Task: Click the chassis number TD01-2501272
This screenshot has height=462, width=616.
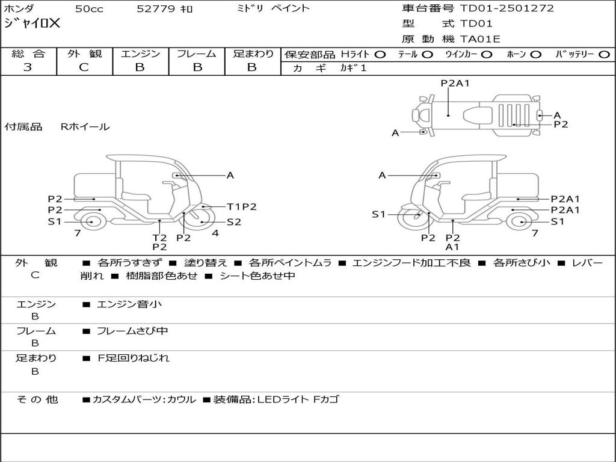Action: [507, 8]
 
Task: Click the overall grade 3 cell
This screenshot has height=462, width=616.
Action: [28, 67]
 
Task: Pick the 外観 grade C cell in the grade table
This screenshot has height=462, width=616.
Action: [84, 67]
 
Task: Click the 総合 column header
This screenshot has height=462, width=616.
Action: [28, 54]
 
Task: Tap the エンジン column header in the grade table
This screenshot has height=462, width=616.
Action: [140, 54]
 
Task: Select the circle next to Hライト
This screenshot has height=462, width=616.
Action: [380, 54]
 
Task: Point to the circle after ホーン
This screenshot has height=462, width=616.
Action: [535, 54]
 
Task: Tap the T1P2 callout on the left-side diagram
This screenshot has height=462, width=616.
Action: [242, 206]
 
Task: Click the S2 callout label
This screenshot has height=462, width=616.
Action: [234, 222]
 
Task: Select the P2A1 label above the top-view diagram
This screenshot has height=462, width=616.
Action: [455, 84]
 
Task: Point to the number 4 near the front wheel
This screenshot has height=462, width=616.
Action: [215, 233]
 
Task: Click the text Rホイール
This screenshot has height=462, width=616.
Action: [85, 127]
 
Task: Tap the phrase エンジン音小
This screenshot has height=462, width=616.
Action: [129, 304]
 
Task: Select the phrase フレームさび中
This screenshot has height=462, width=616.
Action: [132, 331]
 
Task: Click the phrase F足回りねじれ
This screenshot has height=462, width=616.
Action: [133, 358]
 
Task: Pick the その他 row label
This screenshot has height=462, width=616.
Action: [37, 399]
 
